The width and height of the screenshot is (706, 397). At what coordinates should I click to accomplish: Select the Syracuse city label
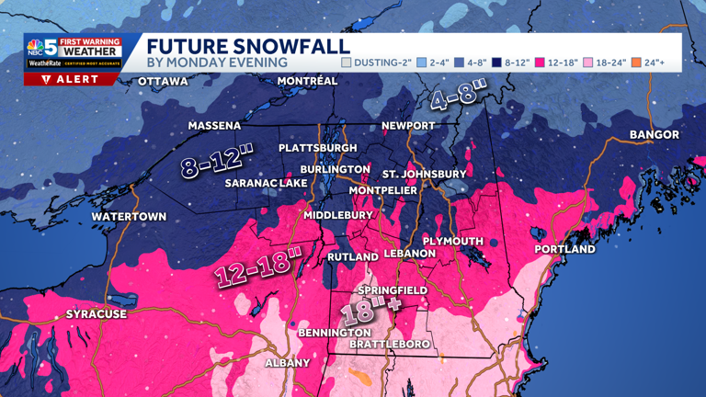[x=96, y=314]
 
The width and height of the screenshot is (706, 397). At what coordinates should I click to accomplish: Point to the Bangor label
[x=654, y=135]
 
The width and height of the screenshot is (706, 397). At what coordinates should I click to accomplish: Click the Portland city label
[x=565, y=249]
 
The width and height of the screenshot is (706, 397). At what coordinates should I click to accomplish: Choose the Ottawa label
[x=163, y=82]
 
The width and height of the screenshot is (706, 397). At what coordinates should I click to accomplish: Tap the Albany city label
[x=287, y=363]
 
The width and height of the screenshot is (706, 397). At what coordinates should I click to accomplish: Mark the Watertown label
[x=129, y=217]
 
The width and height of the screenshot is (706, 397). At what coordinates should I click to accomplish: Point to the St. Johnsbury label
[x=425, y=173]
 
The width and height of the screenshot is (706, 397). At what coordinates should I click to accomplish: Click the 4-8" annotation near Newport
[x=457, y=94]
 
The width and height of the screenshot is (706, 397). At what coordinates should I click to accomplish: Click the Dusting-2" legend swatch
[x=347, y=62]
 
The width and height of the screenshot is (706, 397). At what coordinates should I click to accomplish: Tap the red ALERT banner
[x=71, y=79]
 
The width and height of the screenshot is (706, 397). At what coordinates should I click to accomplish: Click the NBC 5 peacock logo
[x=40, y=49]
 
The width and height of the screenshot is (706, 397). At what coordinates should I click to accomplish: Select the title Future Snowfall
[x=248, y=46]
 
